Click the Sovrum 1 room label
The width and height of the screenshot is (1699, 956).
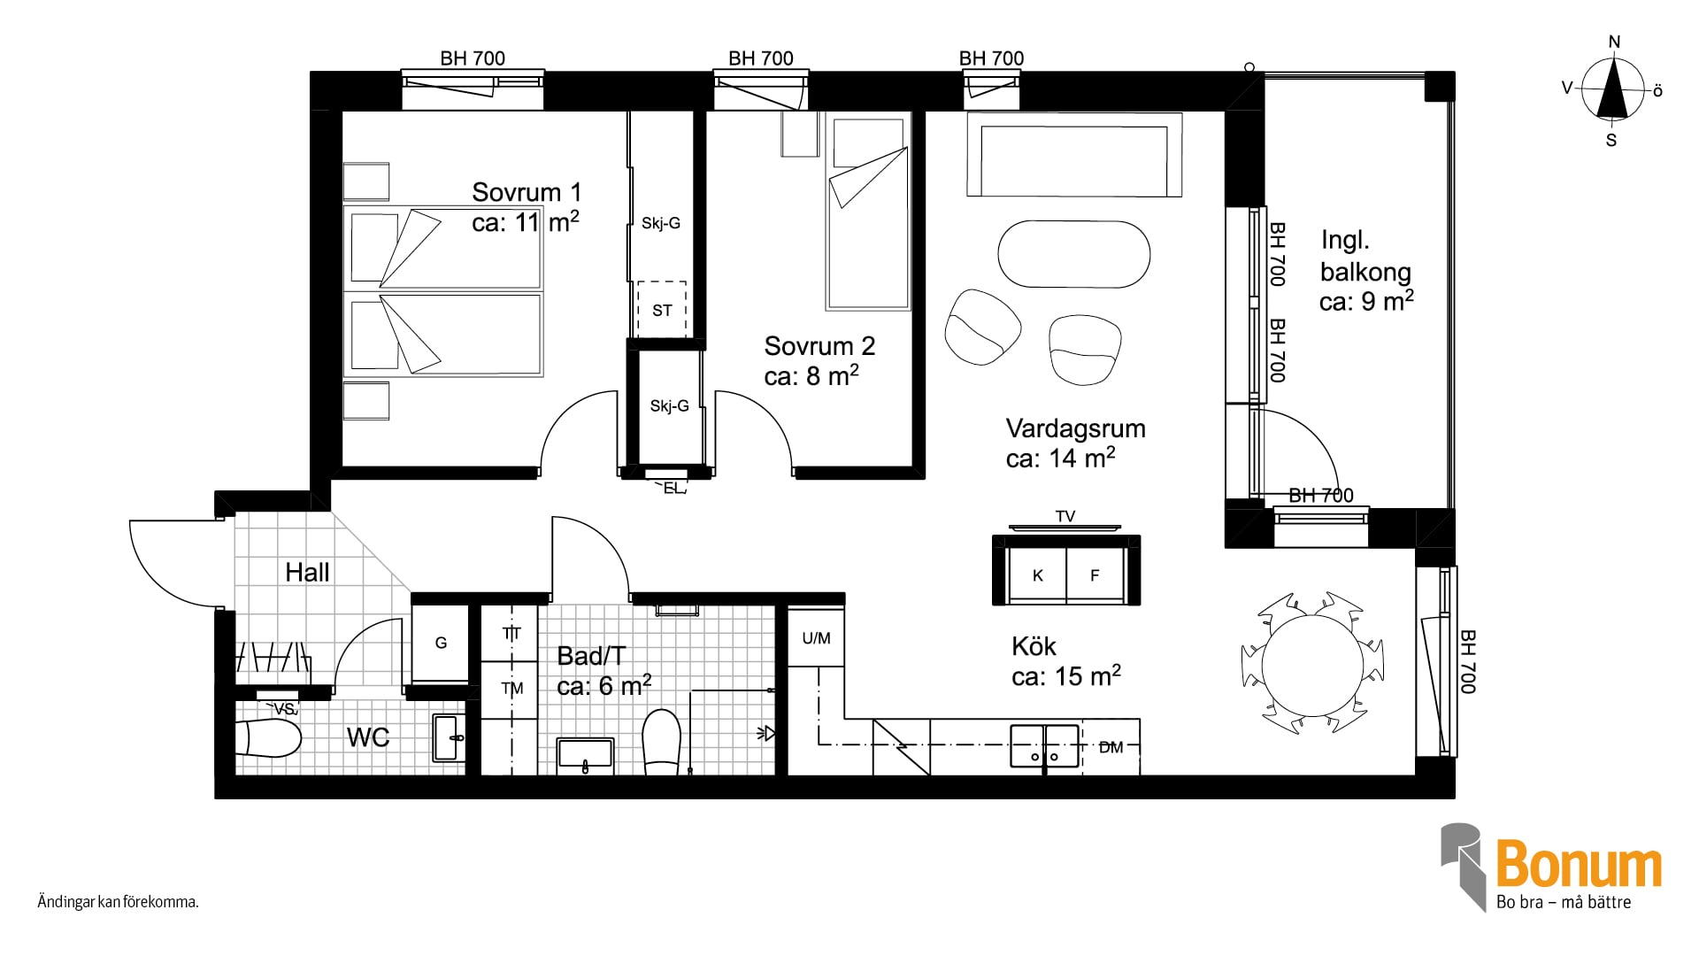(x=527, y=192)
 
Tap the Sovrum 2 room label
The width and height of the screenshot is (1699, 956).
(x=819, y=345)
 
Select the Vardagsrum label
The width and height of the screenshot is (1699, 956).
(x=1075, y=428)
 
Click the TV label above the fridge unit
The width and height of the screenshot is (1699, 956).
(x=1065, y=516)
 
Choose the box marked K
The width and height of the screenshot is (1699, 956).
(x=1037, y=575)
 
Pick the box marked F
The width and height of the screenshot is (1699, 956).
(x=1095, y=575)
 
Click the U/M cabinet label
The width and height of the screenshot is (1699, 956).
(x=816, y=637)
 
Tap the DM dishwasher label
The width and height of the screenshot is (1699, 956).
(x=1111, y=747)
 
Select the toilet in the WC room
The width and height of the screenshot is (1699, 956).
(x=268, y=737)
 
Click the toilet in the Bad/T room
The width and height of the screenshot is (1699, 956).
(x=661, y=742)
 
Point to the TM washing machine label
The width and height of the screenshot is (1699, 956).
(x=511, y=688)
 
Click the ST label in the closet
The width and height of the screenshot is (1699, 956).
(x=662, y=310)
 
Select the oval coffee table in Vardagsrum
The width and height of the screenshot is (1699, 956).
(x=1074, y=254)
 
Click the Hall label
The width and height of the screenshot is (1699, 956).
(x=307, y=572)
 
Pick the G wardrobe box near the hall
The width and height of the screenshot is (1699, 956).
(x=441, y=643)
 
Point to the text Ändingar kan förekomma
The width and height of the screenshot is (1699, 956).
(x=118, y=903)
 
